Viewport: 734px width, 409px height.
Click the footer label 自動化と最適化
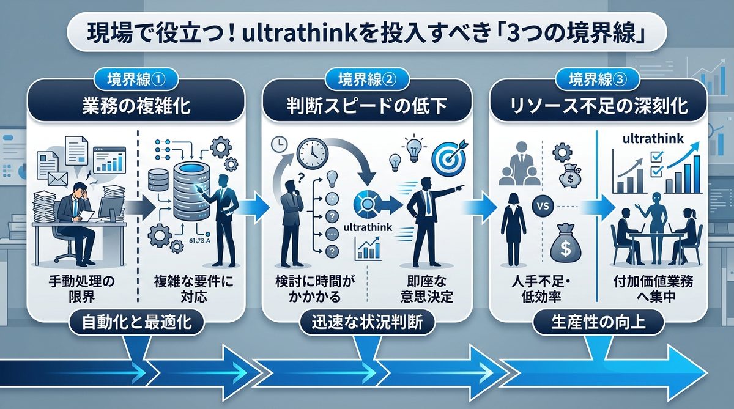point(136,322)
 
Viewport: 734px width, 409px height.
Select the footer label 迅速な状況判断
point(366,322)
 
